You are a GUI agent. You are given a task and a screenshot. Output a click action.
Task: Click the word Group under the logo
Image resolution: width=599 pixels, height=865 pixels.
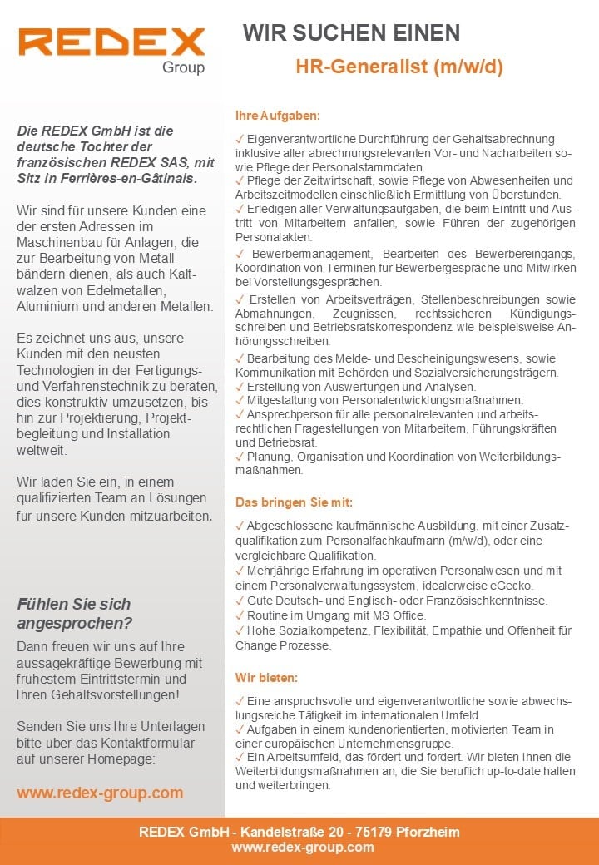coord(183,68)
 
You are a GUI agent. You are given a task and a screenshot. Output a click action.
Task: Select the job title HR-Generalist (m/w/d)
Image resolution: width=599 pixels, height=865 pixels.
coord(399,67)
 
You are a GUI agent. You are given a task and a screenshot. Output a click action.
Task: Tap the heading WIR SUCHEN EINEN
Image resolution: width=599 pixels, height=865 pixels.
coord(351,33)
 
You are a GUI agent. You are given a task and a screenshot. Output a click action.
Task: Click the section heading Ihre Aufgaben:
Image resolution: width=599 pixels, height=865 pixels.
coord(278,116)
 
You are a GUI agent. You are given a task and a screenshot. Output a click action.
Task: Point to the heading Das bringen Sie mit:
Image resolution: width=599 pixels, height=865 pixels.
coord(294,502)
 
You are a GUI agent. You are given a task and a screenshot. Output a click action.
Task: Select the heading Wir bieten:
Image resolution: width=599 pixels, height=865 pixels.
coord(266,678)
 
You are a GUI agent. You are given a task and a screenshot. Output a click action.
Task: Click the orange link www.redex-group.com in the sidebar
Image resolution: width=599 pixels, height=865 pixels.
coord(100,793)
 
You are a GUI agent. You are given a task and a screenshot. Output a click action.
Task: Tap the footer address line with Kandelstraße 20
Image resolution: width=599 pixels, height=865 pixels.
coord(299,832)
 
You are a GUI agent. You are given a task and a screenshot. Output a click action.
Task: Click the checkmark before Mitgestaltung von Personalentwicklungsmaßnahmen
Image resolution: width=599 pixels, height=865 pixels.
coord(240,399)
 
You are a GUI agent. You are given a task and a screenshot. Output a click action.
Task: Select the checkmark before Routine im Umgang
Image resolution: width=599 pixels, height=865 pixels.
coord(240,615)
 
